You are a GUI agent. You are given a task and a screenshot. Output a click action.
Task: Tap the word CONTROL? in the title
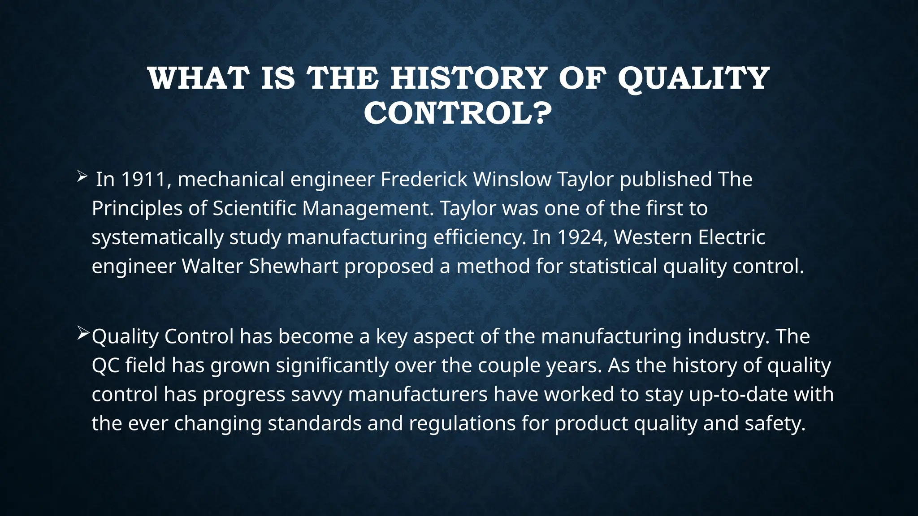pos(458,113)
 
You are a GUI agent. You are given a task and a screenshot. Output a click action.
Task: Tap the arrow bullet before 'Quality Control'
pos(83,333)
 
